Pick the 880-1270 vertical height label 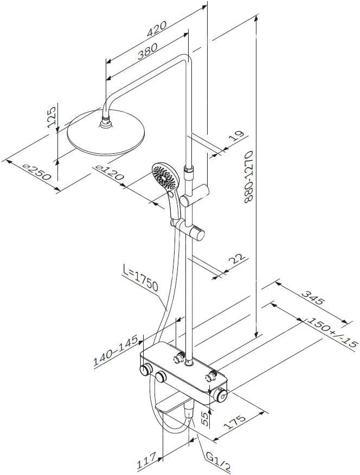(248, 176)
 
